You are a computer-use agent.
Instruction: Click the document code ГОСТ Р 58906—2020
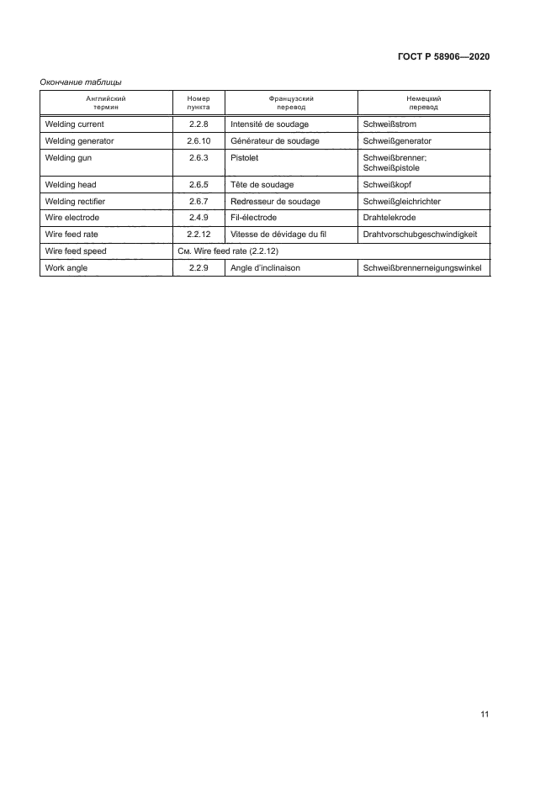coord(442,57)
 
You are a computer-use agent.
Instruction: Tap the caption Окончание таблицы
coord(82,82)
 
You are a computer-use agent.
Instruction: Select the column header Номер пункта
coord(199,103)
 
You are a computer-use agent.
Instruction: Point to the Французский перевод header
coord(291,103)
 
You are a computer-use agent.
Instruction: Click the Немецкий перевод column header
coord(424,103)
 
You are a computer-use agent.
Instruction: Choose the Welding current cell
coord(74,124)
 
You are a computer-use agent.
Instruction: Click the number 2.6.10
coord(199,140)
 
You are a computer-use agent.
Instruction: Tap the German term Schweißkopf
coord(390,184)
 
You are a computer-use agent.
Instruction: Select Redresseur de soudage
coord(274,201)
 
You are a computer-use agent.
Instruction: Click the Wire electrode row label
coord(71,218)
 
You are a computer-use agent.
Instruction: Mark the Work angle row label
coord(66,267)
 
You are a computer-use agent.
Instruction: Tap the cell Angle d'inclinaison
coord(265,267)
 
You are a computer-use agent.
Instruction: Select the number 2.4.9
coord(199,218)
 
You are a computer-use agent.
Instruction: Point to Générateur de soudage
coord(274,140)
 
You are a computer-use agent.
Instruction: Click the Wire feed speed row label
coord(76,251)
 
